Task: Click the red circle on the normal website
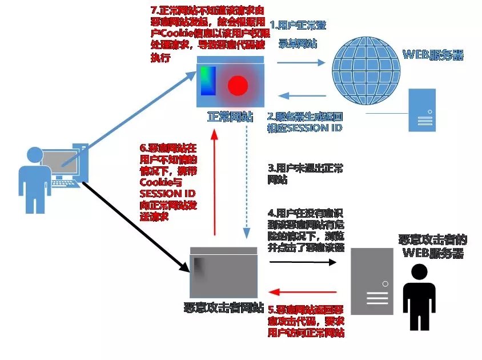(238, 86)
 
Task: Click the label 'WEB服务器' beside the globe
(433, 55)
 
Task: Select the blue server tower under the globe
(423, 110)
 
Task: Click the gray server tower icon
(372, 281)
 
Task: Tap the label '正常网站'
(230, 117)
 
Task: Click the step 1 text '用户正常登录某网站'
(298, 35)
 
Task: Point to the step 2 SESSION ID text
(304, 122)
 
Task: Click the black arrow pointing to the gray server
(302, 262)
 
